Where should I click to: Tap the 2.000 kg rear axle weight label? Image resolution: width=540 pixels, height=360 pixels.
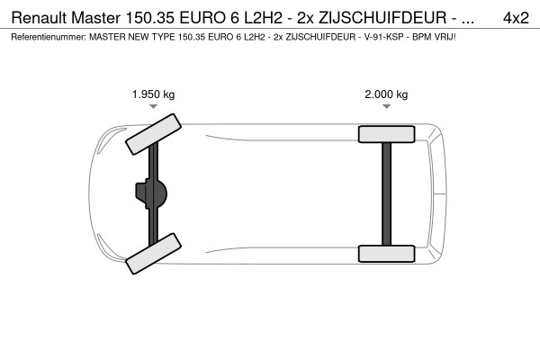click(386, 94)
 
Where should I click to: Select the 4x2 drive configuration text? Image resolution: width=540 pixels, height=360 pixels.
click(515, 17)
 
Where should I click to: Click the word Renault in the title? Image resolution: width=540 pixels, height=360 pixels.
click(42, 17)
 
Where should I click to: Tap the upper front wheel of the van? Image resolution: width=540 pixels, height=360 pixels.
click(151, 133)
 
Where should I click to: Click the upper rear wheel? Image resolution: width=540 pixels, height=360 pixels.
click(386, 135)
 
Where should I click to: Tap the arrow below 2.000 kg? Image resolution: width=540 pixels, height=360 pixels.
click(386, 107)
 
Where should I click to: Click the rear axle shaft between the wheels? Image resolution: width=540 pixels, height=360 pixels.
click(386, 193)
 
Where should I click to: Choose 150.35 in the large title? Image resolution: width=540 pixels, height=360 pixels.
click(164, 17)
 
